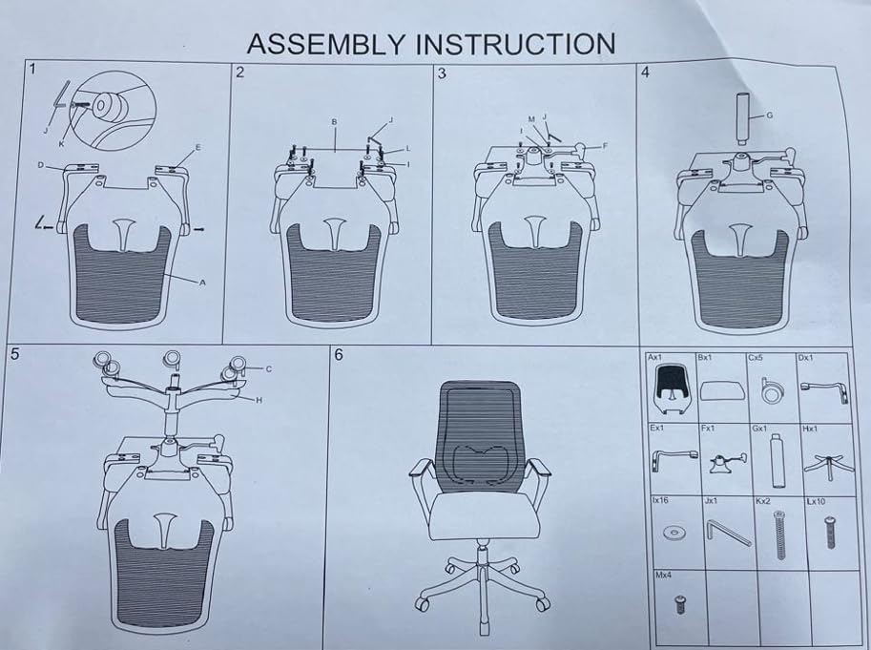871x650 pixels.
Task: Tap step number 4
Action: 646,73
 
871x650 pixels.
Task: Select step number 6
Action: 340,354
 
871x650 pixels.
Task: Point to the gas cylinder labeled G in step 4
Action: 740,118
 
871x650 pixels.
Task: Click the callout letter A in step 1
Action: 202,283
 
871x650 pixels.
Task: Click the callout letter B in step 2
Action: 335,122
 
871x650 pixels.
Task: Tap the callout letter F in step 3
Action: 604,146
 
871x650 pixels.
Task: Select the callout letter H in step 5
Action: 258,400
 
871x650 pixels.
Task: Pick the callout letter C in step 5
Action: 269,368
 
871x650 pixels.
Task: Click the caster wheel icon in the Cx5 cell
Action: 768,391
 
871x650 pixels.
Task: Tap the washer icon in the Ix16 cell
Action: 673,531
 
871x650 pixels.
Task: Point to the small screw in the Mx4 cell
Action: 680,603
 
